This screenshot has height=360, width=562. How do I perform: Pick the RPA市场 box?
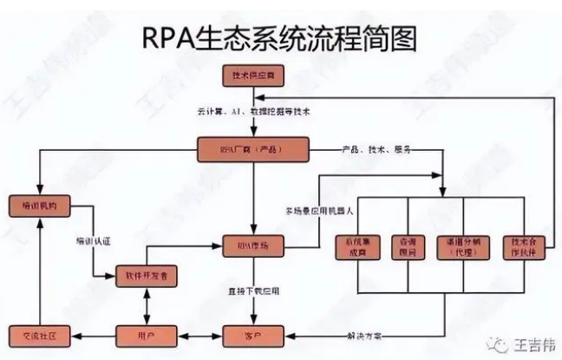click(x=249, y=245)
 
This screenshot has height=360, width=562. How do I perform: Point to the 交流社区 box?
click(x=38, y=335)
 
